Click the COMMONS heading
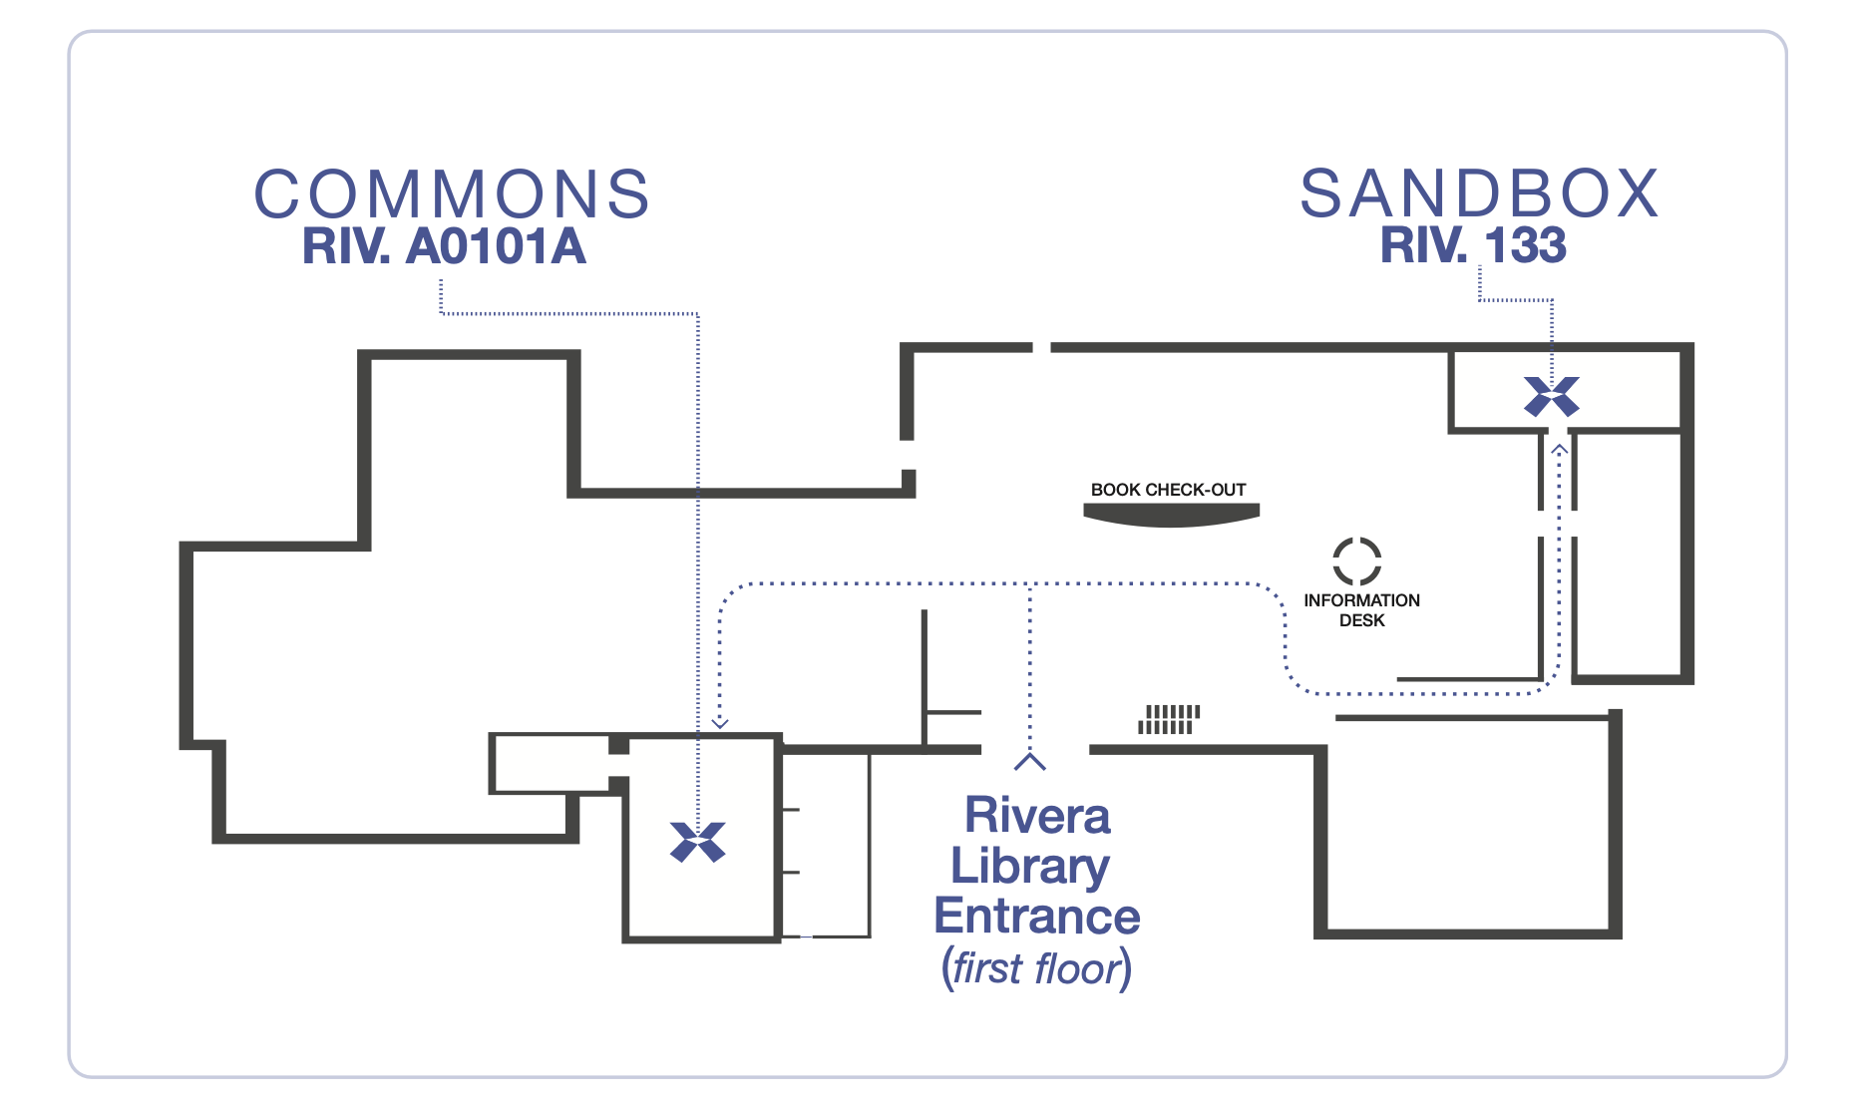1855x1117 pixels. pyautogui.click(x=452, y=193)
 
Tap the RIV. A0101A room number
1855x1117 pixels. pyautogui.click(x=444, y=247)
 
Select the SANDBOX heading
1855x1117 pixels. pyautogui.click(x=1479, y=193)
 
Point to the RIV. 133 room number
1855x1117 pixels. pyautogui.click(x=1473, y=246)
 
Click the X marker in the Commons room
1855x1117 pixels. pyautogui.click(x=698, y=842)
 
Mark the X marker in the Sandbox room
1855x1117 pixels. pyautogui.click(x=1552, y=396)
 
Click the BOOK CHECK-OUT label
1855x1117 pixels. pyautogui.click(x=1168, y=490)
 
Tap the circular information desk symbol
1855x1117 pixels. pyautogui.click(x=1357, y=560)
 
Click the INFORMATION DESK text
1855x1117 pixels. pyautogui.click(x=1361, y=609)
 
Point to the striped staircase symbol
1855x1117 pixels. pyautogui.click(x=1169, y=719)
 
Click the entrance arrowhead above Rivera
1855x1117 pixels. pyautogui.click(x=1029, y=762)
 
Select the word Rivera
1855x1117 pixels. pyautogui.click(x=1037, y=816)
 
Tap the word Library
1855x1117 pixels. pyautogui.click(x=1030, y=866)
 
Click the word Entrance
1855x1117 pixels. pyautogui.click(x=1037, y=917)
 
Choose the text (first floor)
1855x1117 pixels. pyautogui.click(x=1036, y=968)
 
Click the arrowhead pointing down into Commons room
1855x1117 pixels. pyautogui.click(x=720, y=722)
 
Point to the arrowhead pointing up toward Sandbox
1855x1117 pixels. pyautogui.click(x=1560, y=450)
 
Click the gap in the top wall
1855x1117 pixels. pyautogui.click(x=1041, y=348)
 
